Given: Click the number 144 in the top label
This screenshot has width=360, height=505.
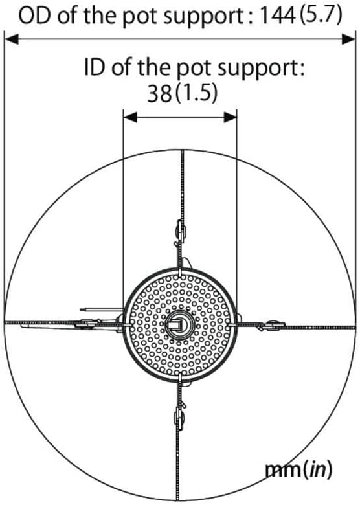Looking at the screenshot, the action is click(277, 16).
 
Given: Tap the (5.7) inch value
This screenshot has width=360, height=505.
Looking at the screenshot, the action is click(320, 16).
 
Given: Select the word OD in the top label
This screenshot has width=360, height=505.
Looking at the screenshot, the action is click(34, 16).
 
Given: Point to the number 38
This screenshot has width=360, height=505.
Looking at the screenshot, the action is click(159, 94).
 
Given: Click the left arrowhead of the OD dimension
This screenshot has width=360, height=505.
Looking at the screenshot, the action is click(12, 40).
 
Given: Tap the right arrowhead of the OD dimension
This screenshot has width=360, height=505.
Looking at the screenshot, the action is click(348, 40).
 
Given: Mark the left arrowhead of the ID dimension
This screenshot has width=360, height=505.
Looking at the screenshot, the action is click(131, 117).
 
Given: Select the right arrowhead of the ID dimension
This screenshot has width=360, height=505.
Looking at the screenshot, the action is click(230, 117).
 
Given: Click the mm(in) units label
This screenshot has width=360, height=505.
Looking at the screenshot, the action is click(298, 470).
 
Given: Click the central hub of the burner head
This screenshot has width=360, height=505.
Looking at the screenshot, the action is click(179, 324).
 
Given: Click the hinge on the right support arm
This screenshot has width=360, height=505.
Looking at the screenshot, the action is click(271, 326).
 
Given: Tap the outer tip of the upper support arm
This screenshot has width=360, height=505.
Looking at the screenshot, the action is click(183, 151).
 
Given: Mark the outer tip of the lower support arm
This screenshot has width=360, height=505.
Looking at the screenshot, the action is click(178, 499).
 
